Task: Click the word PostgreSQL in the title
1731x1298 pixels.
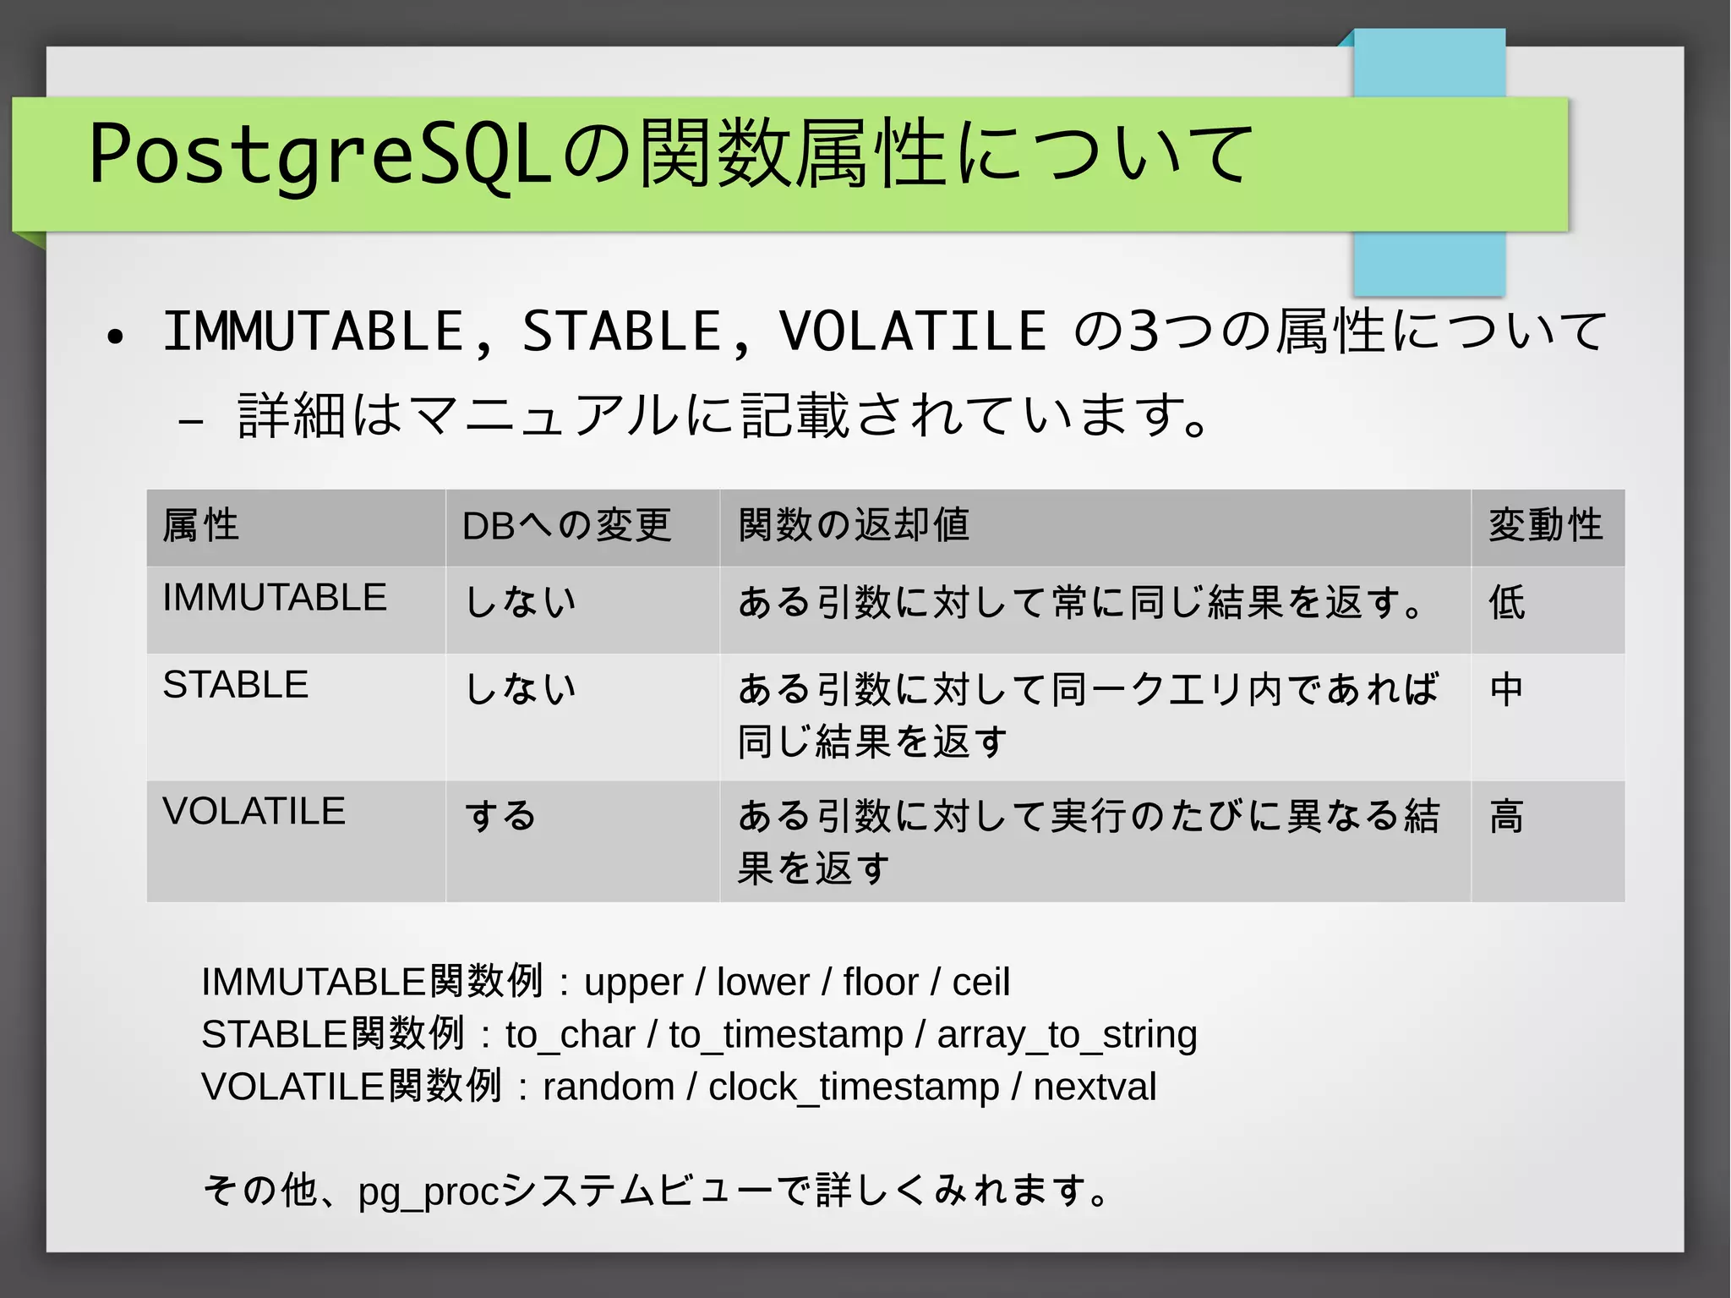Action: tap(321, 155)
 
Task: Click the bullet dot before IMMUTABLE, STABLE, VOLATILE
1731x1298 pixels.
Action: tap(116, 337)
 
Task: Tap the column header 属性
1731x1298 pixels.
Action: tap(201, 525)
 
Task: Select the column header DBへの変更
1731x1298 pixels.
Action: tap(566, 525)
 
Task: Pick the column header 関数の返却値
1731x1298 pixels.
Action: tap(854, 525)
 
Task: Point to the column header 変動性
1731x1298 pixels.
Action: tap(1545, 525)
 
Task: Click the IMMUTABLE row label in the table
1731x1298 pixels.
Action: tap(275, 598)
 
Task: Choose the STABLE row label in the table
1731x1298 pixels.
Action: tap(236, 685)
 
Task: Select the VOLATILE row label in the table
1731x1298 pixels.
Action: tap(254, 812)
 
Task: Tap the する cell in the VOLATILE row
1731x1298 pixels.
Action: tap(500, 816)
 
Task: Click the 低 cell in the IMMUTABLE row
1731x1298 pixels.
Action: tap(1507, 603)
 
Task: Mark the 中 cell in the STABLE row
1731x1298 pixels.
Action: tap(1507, 689)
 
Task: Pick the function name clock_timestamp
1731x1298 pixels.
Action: tap(854, 1087)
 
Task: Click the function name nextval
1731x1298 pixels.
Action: tap(1095, 1087)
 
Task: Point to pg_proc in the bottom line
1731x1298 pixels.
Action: tap(429, 1192)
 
